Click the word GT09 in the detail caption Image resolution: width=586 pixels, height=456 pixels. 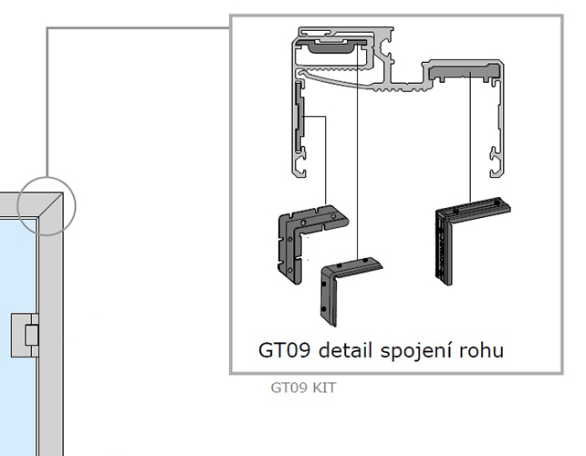tap(284, 351)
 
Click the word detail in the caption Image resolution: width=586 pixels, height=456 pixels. tap(345, 350)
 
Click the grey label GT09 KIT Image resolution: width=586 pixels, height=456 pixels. tap(303, 388)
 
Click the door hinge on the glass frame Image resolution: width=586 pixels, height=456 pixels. tap(26, 335)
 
